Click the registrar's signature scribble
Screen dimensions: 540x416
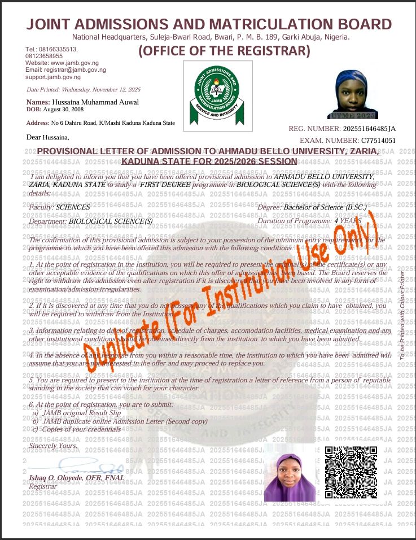point(96,468)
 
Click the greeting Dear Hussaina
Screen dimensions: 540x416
point(48,137)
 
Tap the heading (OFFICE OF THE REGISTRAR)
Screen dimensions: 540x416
point(225,51)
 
